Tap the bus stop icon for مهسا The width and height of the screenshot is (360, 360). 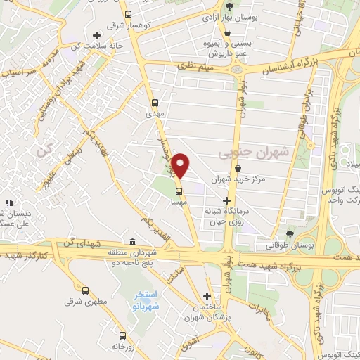(x=179, y=190)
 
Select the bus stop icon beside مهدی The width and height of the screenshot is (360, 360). (x=155, y=101)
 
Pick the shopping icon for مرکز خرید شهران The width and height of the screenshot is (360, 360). (x=240, y=169)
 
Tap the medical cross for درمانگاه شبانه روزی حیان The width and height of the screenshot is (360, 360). (x=226, y=200)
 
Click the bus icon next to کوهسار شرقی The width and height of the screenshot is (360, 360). (x=127, y=14)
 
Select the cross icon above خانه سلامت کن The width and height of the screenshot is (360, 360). (x=96, y=34)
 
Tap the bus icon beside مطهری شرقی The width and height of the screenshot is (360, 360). (x=86, y=290)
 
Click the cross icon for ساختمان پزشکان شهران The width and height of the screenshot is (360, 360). (x=207, y=296)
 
